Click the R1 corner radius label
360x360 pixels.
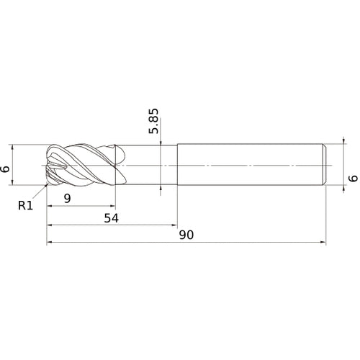(25, 206)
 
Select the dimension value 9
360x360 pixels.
(68, 199)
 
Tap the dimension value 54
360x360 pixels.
(112, 218)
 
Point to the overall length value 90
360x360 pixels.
(186, 235)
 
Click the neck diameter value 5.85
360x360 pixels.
(154, 121)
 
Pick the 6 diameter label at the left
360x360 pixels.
(5, 169)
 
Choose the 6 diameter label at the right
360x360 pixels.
(353, 179)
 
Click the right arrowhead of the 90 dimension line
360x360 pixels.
(323, 243)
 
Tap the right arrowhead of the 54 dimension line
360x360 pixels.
(174, 225)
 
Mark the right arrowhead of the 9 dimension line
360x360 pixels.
(112, 206)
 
